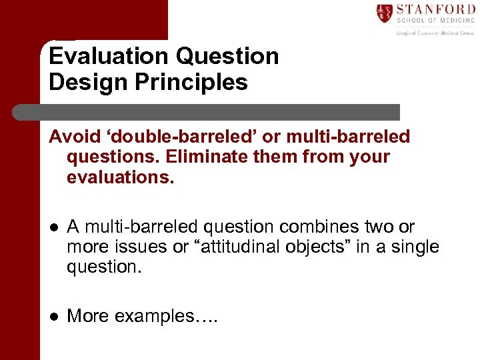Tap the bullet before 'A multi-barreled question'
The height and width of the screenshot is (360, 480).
(x=53, y=227)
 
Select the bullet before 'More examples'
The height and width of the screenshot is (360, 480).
(x=53, y=315)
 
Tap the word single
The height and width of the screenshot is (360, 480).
(x=415, y=247)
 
